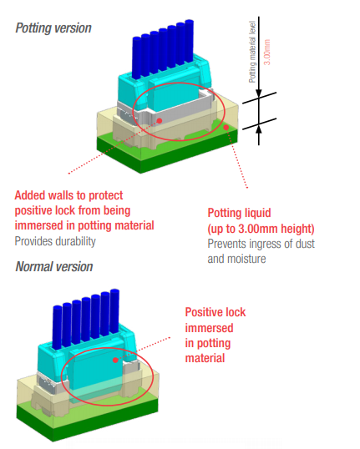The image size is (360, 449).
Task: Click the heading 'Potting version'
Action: [x=53, y=28]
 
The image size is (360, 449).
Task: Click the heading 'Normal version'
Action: [x=54, y=267]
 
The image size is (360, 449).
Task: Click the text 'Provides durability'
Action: [x=56, y=241]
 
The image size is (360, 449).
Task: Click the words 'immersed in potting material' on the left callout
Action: [x=84, y=225]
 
